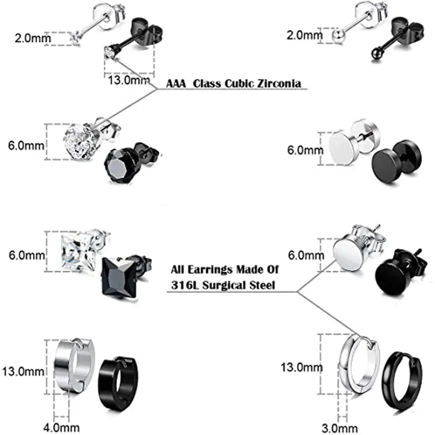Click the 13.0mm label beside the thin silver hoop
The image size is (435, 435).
298,368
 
